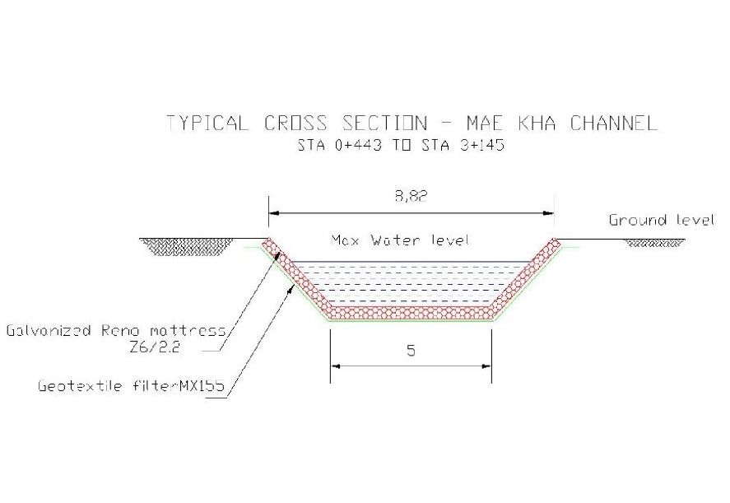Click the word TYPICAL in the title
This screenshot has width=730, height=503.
tap(207, 123)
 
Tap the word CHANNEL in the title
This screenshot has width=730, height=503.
tap(614, 123)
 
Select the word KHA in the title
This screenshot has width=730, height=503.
tap(537, 123)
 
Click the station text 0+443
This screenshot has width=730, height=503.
tap(359, 146)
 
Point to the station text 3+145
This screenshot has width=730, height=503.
tap(481, 146)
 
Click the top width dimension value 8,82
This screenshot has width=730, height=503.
tap(411, 196)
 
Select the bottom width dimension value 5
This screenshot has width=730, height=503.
tap(411, 350)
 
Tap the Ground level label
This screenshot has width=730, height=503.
tap(662, 220)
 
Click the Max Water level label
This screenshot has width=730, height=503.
tap(400, 240)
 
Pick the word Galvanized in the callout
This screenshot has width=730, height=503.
tap(49, 331)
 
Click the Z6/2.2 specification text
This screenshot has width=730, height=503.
tap(155, 347)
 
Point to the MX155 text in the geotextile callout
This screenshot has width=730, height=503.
tap(202, 385)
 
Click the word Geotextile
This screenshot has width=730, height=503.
tap(80, 386)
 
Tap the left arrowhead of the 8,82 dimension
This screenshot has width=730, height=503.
tap(274, 213)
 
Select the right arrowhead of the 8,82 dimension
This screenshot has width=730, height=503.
tap(548, 213)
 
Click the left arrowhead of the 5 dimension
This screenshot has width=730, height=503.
tap(335, 366)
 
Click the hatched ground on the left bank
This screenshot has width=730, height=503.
tap(188, 246)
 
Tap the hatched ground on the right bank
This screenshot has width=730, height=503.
tap(653, 243)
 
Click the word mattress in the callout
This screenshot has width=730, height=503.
tap(188, 331)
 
